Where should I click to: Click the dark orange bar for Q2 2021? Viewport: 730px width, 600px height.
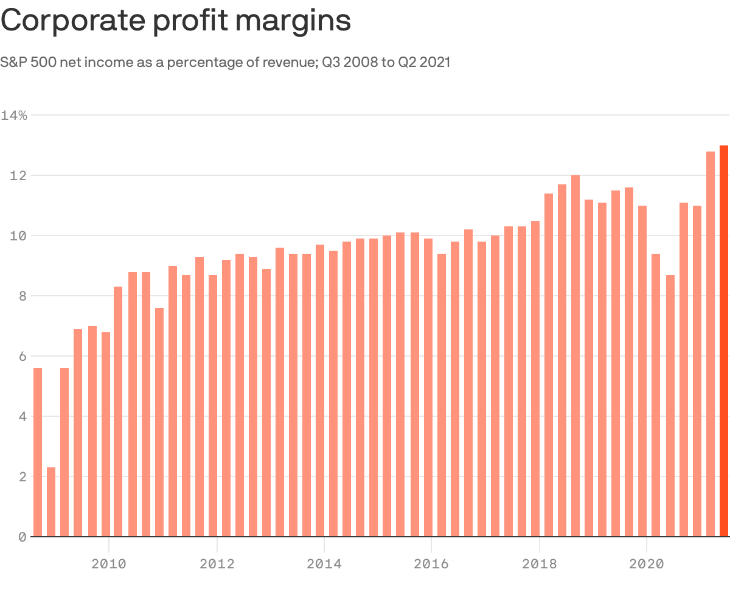pyautogui.click(x=724, y=341)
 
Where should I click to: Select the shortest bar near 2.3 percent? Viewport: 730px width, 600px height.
pyautogui.click(x=51, y=502)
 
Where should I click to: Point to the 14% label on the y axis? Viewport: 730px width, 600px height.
pyautogui.click(x=14, y=115)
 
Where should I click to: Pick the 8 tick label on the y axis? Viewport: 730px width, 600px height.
pyautogui.click(x=22, y=296)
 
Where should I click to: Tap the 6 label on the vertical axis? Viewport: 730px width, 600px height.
pyautogui.click(x=22, y=356)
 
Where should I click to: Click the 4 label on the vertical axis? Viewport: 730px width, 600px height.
pyautogui.click(x=22, y=417)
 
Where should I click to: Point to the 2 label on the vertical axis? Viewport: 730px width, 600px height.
pyautogui.click(x=22, y=477)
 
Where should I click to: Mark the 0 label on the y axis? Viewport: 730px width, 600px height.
pyautogui.click(x=22, y=537)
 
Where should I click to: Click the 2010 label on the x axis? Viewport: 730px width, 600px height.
pyautogui.click(x=109, y=564)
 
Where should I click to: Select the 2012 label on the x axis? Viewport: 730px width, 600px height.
pyautogui.click(x=217, y=564)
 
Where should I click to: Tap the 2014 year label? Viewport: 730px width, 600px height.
pyautogui.click(x=324, y=564)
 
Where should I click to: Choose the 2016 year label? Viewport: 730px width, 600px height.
pyautogui.click(x=431, y=564)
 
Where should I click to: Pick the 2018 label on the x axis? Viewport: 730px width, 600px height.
pyautogui.click(x=539, y=564)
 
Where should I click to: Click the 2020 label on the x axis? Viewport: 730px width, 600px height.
pyautogui.click(x=646, y=564)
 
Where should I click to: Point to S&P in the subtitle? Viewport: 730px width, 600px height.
pyautogui.click(x=13, y=62)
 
